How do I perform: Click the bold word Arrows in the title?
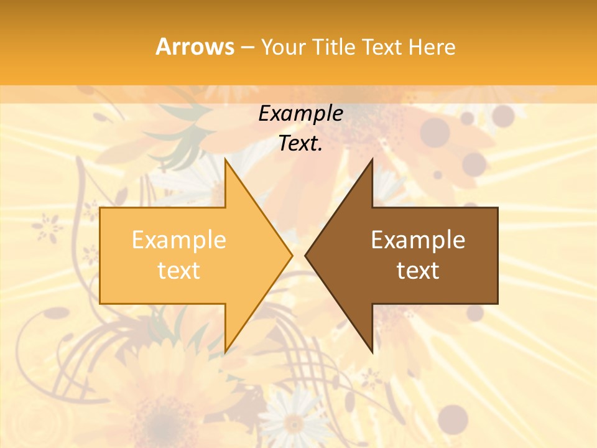[x=195, y=47]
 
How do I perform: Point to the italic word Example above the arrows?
[x=300, y=114]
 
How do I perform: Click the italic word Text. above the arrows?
[x=300, y=143]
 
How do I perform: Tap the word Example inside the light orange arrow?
[x=179, y=240]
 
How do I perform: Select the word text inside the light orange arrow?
[x=179, y=270]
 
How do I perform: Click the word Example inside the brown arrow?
[x=418, y=240]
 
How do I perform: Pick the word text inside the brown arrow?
[x=418, y=270]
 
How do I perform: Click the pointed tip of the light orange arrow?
[x=292, y=255]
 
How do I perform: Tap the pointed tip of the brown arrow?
[x=305, y=255]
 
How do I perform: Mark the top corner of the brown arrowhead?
[x=372, y=159]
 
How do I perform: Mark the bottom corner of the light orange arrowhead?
[x=225, y=352]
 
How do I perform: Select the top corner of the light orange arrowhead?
[x=225, y=159]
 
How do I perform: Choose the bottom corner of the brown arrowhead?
[x=372, y=352]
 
